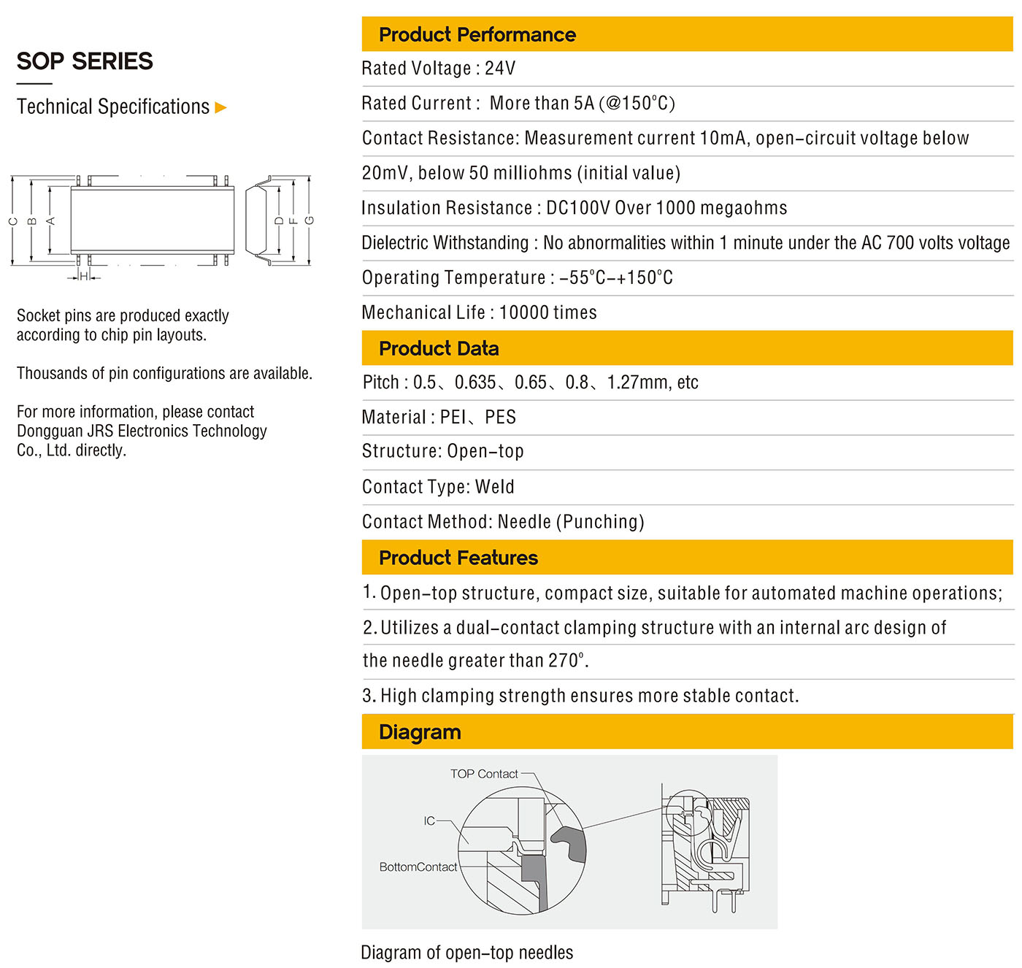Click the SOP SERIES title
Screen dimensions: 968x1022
coord(85,61)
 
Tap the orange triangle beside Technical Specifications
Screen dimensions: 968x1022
coord(221,108)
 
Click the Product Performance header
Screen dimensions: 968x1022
coord(477,34)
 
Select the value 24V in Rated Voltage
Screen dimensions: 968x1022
coord(500,69)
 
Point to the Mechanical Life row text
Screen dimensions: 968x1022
coord(479,312)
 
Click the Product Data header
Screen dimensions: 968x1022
coord(439,348)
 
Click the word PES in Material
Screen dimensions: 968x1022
coord(501,418)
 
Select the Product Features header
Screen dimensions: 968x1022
coord(458,558)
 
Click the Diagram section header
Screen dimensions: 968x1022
coord(420,732)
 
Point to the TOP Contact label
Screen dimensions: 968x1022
coord(484,774)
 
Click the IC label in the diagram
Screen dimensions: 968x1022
coord(429,821)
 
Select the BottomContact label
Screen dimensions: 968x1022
coord(418,867)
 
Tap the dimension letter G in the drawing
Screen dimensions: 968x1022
coord(310,220)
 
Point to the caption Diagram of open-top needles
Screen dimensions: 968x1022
coord(466,953)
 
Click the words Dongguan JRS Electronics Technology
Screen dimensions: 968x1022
coord(142,431)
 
